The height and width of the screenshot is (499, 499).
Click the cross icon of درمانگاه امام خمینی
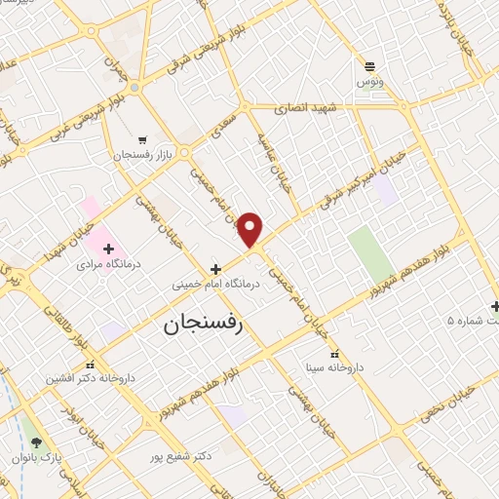[x=215, y=268]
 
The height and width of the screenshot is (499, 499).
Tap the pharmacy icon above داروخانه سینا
[x=336, y=354]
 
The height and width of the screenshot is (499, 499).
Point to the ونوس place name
[x=369, y=83]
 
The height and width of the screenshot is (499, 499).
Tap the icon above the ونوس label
[x=369, y=66]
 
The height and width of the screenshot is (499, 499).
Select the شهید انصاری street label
[x=304, y=108]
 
